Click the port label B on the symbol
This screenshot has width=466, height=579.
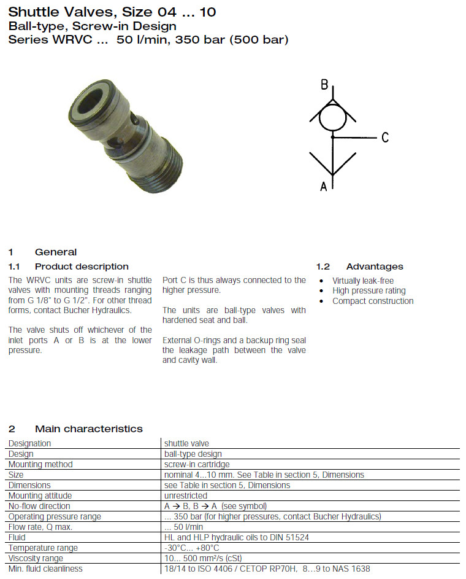(x=324, y=85)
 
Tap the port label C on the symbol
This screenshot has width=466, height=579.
(x=384, y=138)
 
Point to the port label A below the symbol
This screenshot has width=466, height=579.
(x=324, y=186)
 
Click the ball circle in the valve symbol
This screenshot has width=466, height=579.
(x=332, y=115)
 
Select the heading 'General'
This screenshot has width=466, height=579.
(x=56, y=252)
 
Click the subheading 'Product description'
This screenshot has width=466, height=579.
(x=82, y=266)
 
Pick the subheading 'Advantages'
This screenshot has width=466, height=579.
(x=375, y=266)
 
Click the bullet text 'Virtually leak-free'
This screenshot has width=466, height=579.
(x=363, y=281)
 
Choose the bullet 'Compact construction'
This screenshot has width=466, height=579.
(x=373, y=301)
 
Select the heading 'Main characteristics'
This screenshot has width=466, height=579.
(x=88, y=429)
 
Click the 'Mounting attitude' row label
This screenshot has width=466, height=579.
(x=40, y=495)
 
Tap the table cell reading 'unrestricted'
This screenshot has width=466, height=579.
(x=186, y=495)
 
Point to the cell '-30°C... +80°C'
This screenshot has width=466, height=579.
(x=192, y=548)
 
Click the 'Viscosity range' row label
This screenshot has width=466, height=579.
(x=36, y=558)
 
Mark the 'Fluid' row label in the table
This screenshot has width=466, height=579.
(x=17, y=537)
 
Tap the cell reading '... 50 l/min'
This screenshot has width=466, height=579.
(x=183, y=527)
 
